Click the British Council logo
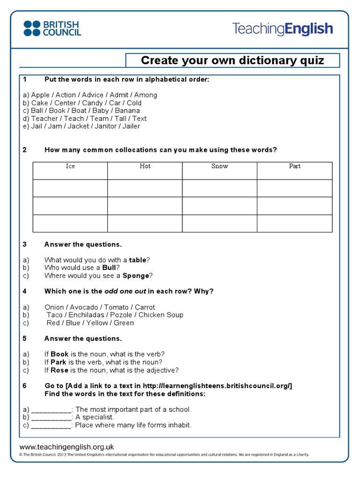tap(52, 28)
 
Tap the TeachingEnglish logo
tap(282, 29)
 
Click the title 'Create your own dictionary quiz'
tap(232, 60)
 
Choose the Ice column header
tap(70, 166)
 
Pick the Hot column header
tap(145, 166)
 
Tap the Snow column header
tap(219, 166)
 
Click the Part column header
tap(294, 166)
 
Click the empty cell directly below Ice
tap(70, 188)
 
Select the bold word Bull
tap(109, 268)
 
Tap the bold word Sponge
tap(136, 276)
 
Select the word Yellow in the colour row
tap(97, 323)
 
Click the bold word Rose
tap(60, 370)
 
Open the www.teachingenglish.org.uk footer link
tap(67, 447)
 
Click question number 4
tap(25, 291)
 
